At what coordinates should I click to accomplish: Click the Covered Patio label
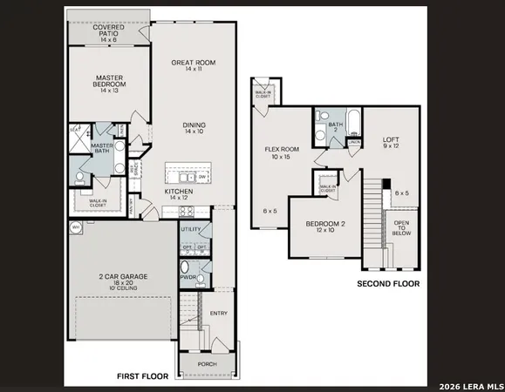pos(110,33)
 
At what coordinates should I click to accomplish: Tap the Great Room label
pos(193,64)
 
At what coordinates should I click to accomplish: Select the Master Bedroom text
pos(109,83)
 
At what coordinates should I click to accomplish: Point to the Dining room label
pos(194,129)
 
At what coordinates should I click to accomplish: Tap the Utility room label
pos(191,230)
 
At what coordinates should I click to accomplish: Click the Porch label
pos(207,364)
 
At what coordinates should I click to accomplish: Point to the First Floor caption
pos(144,376)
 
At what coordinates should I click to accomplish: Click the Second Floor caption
pos(389,284)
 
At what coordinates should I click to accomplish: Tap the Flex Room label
pos(282,153)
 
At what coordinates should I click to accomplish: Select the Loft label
pos(391,144)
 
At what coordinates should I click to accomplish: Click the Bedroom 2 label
pos(325,227)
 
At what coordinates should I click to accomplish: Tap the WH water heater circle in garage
pos(76,227)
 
